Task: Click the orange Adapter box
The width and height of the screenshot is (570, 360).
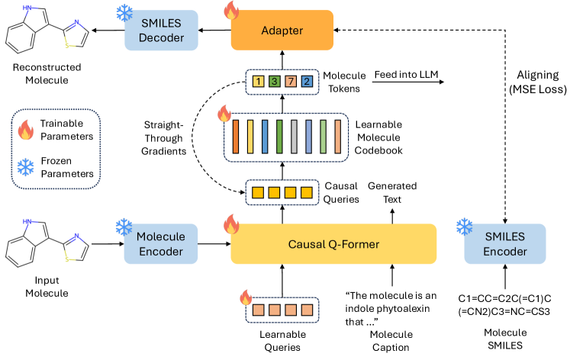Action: point(282,31)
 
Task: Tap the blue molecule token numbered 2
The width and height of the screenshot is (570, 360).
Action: point(307,81)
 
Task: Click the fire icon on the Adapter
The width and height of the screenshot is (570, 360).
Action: point(229,11)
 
